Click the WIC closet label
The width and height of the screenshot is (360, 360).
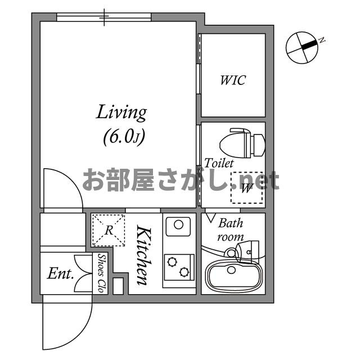tap(232, 80)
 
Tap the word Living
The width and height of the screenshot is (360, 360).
tap(121, 112)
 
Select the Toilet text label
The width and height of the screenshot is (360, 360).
tap(219, 163)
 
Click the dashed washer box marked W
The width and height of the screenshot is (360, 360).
tap(246, 187)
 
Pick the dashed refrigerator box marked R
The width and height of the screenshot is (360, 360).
tap(109, 229)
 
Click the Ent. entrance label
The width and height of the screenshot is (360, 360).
tap(61, 274)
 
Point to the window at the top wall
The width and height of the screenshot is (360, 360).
tap(104, 17)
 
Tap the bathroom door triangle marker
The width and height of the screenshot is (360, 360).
tap(212, 217)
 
